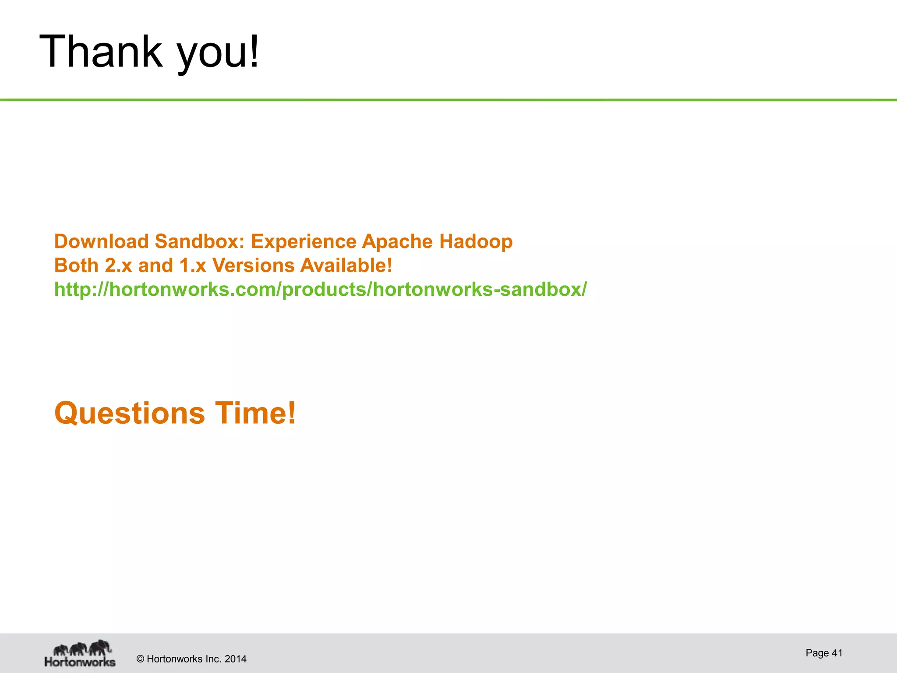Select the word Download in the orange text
click(101, 241)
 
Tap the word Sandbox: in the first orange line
click(199, 241)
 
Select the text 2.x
click(118, 266)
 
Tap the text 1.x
click(193, 266)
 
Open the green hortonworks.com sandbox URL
click(320, 290)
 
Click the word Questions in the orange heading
click(130, 413)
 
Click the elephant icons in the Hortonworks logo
click(82, 648)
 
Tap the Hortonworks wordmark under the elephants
click(80, 662)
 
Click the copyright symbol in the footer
click(140, 659)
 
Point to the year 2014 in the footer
click(235, 659)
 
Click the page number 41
click(837, 653)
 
